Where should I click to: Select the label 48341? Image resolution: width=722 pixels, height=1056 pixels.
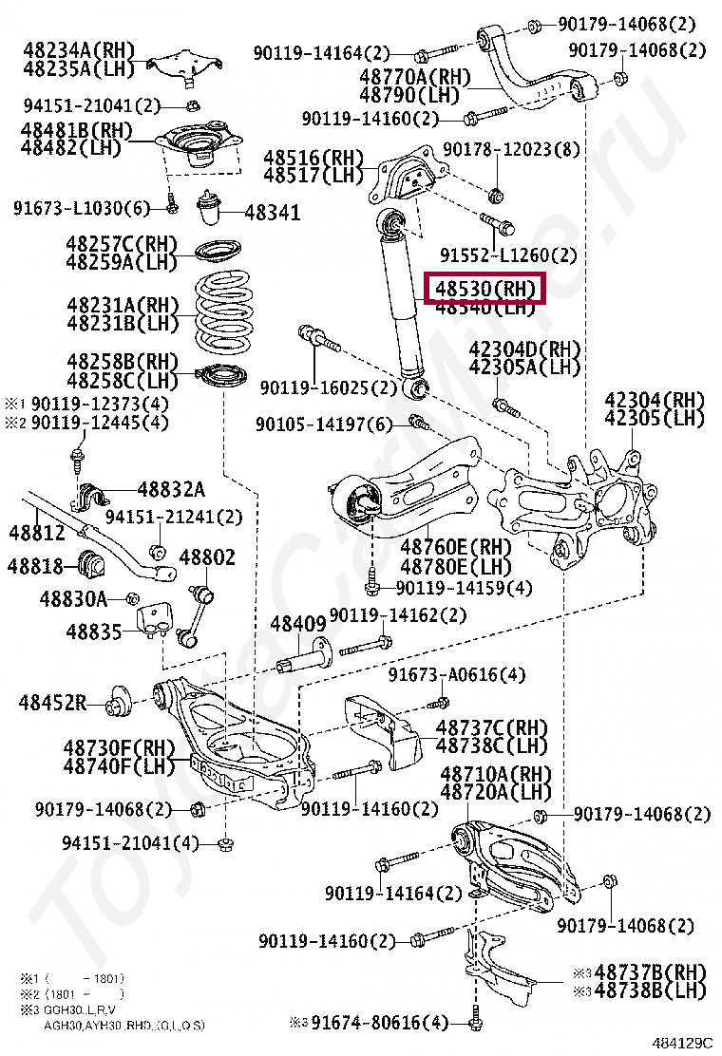pos(272,212)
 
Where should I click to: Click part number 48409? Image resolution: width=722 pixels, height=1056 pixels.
pos(298,624)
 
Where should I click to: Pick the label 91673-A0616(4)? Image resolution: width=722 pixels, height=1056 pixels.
pos(456,675)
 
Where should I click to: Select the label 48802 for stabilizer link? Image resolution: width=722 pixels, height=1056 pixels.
pos(207,557)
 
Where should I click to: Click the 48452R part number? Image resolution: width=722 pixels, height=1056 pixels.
pos(52,703)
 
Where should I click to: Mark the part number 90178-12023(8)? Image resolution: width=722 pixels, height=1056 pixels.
pos(514,149)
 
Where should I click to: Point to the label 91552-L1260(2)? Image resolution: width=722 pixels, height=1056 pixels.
pos(508,255)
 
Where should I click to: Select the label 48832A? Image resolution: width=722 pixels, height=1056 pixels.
pos(171,489)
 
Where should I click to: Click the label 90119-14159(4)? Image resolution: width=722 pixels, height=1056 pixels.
pos(464,589)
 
